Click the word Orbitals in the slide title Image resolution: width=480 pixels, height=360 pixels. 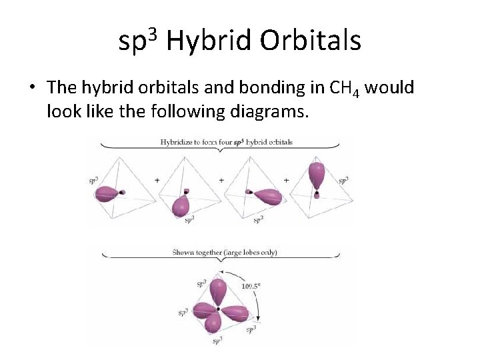coord(311,41)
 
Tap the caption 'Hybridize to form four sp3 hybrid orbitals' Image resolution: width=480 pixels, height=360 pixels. coord(226,142)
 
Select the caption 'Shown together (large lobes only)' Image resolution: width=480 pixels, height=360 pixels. coord(225,253)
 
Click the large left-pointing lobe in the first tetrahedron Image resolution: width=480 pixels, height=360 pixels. coord(107,194)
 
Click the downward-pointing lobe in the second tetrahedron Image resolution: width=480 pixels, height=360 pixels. coord(181,207)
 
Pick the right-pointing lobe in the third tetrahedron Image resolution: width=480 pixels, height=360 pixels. coord(269,196)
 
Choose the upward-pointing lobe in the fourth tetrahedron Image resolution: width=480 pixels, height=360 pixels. coord(317,175)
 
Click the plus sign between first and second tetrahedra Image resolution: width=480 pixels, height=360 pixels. coord(157,181)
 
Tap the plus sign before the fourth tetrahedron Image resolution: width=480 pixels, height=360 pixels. coord(286,181)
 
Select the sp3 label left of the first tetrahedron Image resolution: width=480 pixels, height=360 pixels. coord(94,181)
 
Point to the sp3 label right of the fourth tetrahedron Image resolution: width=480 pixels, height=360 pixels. coord(343,181)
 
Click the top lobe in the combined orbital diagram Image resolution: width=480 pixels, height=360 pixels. coord(219,291)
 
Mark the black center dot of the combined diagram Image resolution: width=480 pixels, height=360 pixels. coord(219,309)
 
